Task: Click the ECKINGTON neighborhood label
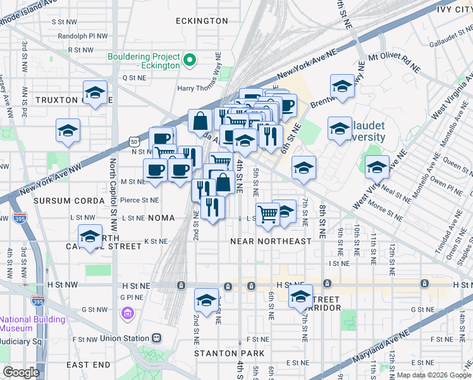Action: coord(202,21)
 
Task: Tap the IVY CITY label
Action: coord(453,9)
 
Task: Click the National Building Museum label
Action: coord(25,324)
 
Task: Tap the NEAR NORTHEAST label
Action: coord(271,241)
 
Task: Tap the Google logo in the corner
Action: coord(21,372)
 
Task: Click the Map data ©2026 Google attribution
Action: coord(433,375)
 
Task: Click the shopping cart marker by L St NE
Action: coord(267,214)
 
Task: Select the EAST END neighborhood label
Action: coord(88,365)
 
